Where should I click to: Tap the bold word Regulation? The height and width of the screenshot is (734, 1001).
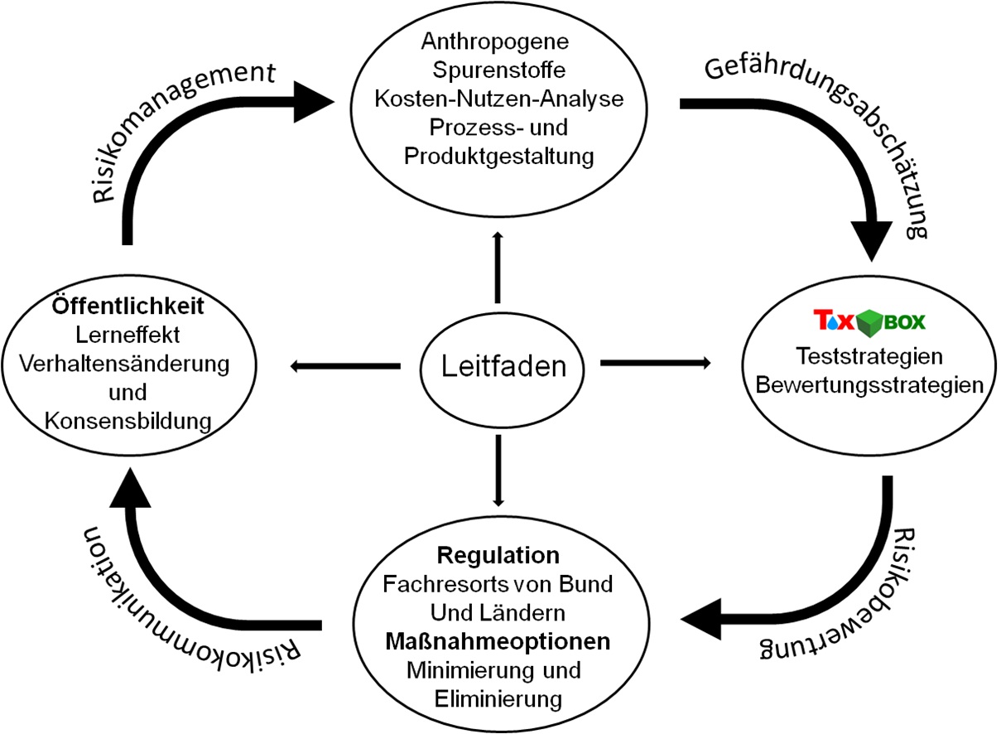coord(498,554)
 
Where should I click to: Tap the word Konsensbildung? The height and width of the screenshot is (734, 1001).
coord(126,421)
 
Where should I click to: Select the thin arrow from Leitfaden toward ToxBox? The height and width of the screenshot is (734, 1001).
coord(654,363)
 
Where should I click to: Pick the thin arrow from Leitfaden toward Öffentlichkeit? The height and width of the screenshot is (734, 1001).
coord(344,365)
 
